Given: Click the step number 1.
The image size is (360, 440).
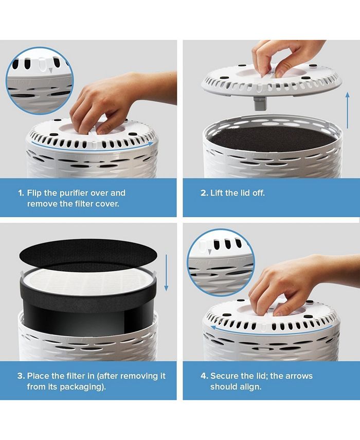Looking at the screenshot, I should (21, 193).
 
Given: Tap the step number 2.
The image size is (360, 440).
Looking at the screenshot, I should (204, 193).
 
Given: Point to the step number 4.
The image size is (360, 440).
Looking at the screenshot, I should (204, 376).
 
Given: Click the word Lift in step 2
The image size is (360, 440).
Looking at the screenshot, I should (218, 193).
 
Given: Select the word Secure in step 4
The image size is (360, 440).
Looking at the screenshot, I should (225, 376).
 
